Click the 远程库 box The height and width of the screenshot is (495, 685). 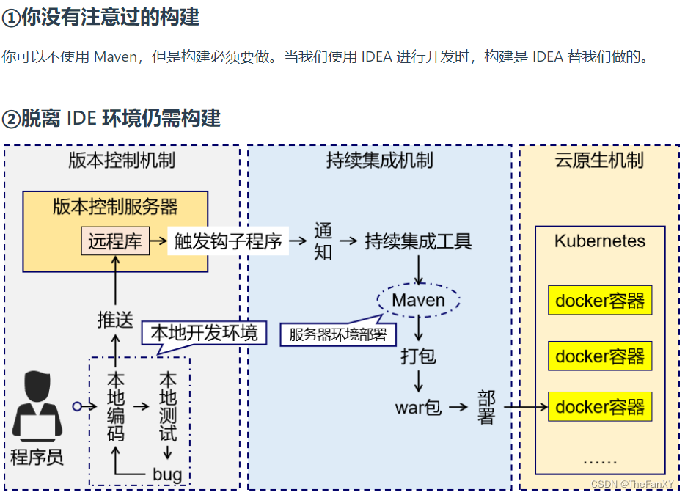coord(115,241)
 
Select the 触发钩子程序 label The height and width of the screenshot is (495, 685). coord(228,241)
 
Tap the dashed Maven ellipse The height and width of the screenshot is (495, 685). coord(418,300)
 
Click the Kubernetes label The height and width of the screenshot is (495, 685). coord(600,241)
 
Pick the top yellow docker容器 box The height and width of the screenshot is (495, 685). coord(600,301)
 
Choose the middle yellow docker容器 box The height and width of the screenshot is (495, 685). coord(600,356)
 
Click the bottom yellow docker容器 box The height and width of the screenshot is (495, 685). coord(600,407)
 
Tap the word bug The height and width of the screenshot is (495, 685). coord(167,474)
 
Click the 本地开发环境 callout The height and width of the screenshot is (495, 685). coord(204,334)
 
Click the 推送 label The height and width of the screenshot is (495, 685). coord(115,320)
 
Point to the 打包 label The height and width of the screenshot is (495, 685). coord(418,356)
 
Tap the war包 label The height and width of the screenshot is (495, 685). coord(418,407)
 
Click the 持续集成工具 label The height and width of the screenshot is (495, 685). coord(418,241)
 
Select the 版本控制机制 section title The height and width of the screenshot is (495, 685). coord(122,161)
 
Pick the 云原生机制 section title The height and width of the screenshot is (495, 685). coord(600,161)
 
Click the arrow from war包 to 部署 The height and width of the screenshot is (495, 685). coord(458,407)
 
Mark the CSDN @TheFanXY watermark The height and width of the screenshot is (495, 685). coord(631,484)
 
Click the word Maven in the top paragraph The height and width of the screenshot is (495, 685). coord(114,56)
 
